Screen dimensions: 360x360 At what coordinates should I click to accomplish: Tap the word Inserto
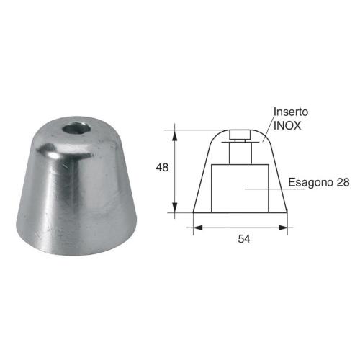pyautogui.click(x=290, y=112)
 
